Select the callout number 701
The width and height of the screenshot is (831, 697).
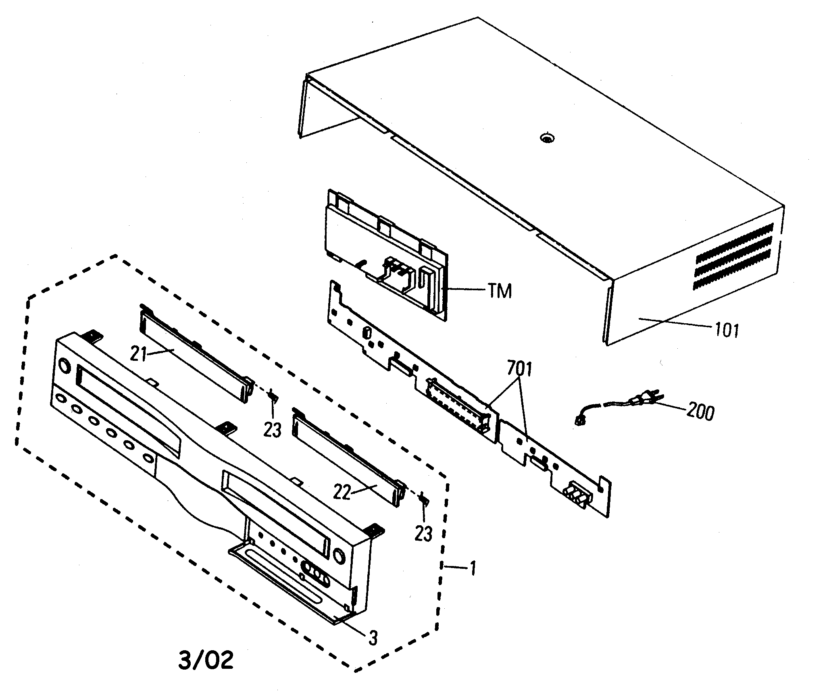tap(519, 369)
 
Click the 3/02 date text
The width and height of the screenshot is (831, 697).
tap(206, 660)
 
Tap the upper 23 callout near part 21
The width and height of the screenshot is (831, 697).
tap(273, 430)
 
